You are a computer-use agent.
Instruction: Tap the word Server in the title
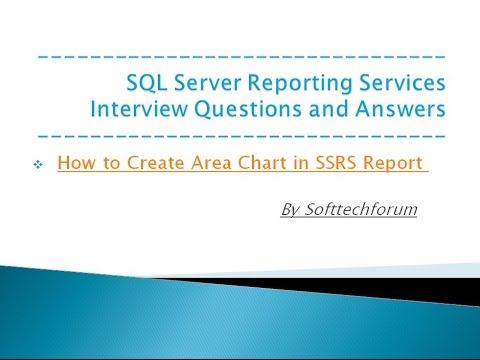click(x=206, y=80)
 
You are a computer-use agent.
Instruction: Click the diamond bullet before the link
click(x=38, y=163)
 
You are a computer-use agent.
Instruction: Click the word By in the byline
click(x=292, y=211)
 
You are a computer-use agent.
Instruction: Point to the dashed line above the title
click(x=240, y=56)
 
